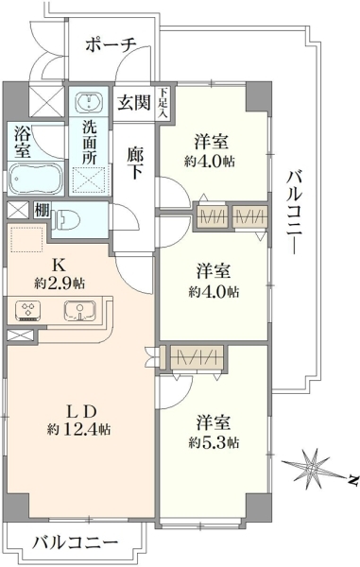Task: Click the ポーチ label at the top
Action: point(111,45)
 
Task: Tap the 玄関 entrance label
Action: point(133,103)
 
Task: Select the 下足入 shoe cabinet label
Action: point(163,103)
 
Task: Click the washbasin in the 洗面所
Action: point(88,101)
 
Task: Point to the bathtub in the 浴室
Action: point(35,180)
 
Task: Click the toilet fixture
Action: point(66,220)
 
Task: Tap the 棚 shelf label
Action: point(42,210)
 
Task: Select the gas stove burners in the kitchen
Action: point(28,311)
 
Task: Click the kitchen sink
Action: point(80,311)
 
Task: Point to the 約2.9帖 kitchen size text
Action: point(60,283)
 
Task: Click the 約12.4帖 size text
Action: point(78,429)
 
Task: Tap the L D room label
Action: point(81,411)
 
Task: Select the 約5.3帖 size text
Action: point(214,442)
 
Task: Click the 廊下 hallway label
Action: point(135,163)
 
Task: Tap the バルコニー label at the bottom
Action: point(77,542)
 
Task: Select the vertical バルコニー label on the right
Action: point(294,213)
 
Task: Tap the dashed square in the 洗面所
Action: point(91,180)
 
